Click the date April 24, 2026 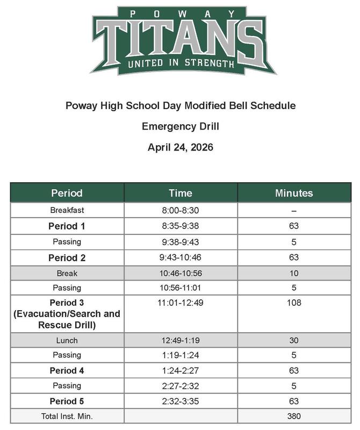(181, 147)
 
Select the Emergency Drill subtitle (181, 126)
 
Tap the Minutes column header (293, 193)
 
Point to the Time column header (181, 193)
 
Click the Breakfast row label (67, 210)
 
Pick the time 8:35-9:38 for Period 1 (181, 226)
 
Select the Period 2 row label (67, 257)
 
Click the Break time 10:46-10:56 (181, 273)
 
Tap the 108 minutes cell (294, 303)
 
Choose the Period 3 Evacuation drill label (67, 314)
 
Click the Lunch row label (67, 340)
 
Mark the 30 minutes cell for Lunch (294, 340)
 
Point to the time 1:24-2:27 (181, 370)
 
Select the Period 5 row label (67, 401)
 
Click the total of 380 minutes (294, 416)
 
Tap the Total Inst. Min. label (67, 416)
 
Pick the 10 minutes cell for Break (294, 273)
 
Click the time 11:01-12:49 (181, 303)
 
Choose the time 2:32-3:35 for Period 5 (181, 401)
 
